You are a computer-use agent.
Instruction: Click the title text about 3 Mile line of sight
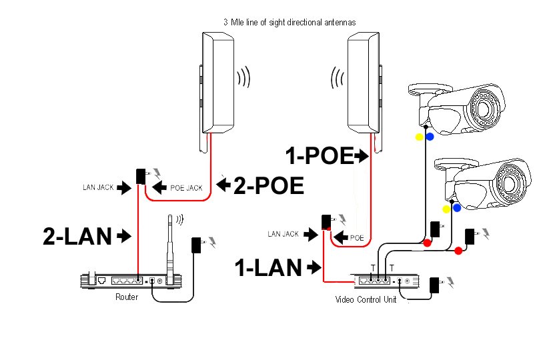tap(289, 22)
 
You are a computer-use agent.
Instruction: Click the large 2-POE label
tap(269, 185)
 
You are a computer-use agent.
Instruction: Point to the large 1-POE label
tap(319, 156)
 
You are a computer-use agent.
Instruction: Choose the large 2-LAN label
tap(77, 235)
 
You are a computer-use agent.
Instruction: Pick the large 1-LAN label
tap(269, 268)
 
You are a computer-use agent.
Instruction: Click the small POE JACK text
tap(187, 189)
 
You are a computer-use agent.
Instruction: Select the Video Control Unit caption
tap(366, 300)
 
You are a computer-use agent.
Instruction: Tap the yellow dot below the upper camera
tap(419, 137)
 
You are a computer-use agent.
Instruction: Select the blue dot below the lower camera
tap(457, 208)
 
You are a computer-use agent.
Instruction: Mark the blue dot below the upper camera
tap(430, 137)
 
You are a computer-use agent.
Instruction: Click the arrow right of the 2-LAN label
tap(123, 235)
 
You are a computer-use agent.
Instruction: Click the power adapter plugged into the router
tap(197, 245)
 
